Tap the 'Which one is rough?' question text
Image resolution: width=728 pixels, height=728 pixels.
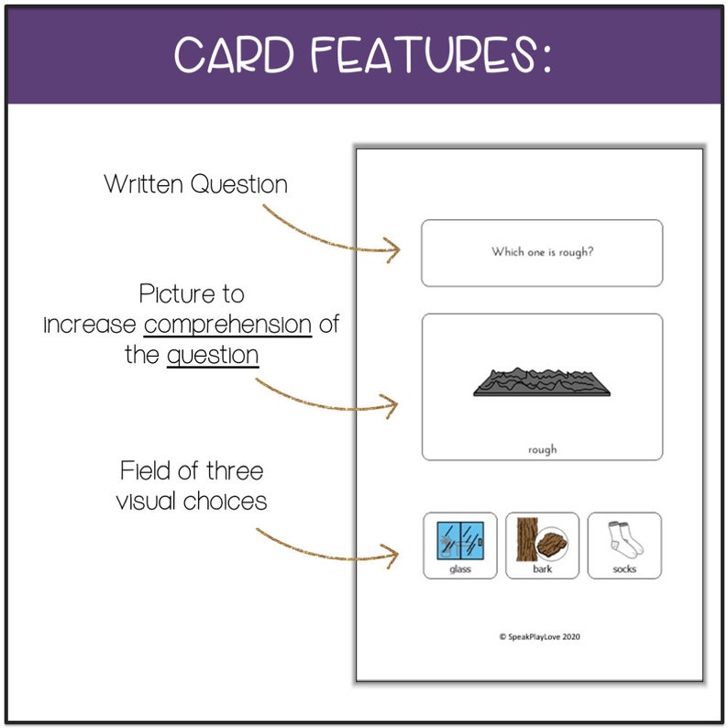(x=542, y=252)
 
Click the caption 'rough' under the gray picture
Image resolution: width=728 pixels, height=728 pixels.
(x=542, y=449)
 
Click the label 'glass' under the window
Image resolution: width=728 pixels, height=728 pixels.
(x=460, y=568)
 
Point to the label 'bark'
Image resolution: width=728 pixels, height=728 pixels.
(x=542, y=568)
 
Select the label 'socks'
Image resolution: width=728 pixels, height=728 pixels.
(x=624, y=568)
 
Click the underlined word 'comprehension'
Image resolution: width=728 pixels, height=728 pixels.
(x=227, y=325)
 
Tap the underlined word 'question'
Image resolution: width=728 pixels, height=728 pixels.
(x=213, y=355)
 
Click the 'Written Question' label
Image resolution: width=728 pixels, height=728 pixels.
(x=195, y=184)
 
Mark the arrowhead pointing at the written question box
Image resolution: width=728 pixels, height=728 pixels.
(x=394, y=249)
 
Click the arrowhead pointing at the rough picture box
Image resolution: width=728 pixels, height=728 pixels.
(x=392, y=404)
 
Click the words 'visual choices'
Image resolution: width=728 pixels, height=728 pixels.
(x=192, y=502)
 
